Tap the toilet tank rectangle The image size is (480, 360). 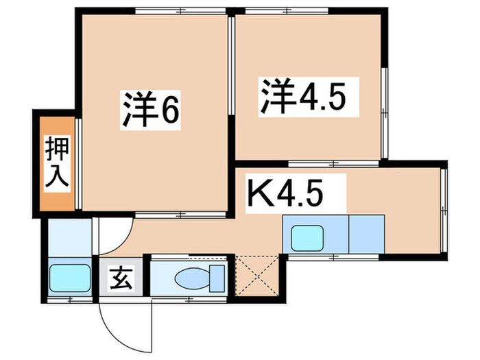click(x=217, y=278)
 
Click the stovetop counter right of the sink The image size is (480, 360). click(x=367, y=233)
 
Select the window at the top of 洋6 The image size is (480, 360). click(x=181, y=10)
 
